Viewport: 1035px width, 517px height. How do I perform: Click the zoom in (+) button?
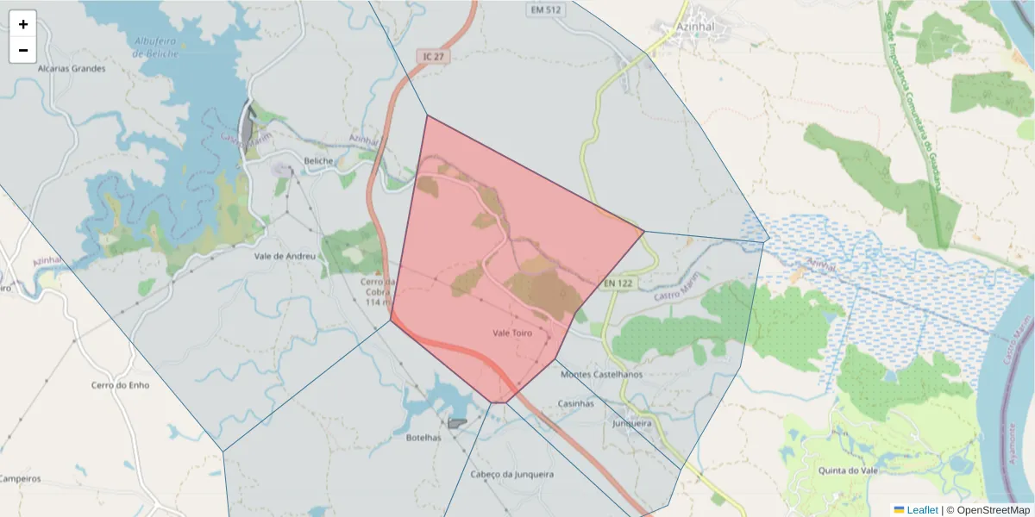point(23,24)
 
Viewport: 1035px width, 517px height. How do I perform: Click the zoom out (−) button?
point(23,50)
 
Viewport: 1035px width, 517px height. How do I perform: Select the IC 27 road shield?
point(433,56)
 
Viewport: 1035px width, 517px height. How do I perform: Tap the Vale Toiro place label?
point(512,332)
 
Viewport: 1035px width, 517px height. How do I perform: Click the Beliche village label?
point(318,159)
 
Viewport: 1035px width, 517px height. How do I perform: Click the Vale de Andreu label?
point(285,256)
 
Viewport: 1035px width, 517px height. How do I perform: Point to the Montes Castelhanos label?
point(601,374)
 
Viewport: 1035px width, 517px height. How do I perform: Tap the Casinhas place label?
point(576,403)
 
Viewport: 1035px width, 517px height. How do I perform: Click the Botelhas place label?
point(423,437)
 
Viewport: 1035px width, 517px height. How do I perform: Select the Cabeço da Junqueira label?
point(512,474)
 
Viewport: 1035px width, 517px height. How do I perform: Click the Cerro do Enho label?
point(120,385)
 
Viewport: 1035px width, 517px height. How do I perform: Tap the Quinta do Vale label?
point(844,470)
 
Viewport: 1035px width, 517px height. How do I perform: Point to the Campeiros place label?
point(20,478)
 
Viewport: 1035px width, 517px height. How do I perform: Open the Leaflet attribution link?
point(921,510)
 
